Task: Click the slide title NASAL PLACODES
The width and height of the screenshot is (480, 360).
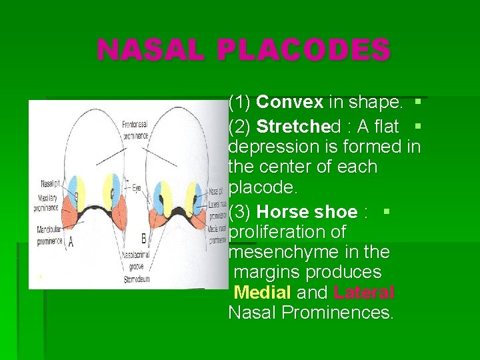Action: pyautogui.click(x=243, y=51)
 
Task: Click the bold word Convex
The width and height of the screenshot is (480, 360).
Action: pyautogui.click(x=290, y=103)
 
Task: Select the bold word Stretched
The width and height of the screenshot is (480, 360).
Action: pyautogui.click(x=298, y=126)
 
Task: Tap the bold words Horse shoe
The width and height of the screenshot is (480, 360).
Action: pyautogui.click(x=307, y=213)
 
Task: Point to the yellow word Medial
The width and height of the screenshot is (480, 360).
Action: pyautogui.click(x=263, y=293)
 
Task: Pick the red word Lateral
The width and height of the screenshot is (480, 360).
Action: pyautogui.click(x=364, y=293)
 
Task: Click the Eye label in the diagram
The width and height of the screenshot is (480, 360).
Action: pyautogui.click(x=136, y=189)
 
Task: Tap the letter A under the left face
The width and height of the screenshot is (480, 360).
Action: pyautogui.click(x=71, y=242)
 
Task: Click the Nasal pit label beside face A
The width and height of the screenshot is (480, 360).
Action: pyautogui.click(x=49, y=184)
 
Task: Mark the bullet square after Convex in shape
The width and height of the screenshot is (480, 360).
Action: pyautogui.click(x=417, y=103)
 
